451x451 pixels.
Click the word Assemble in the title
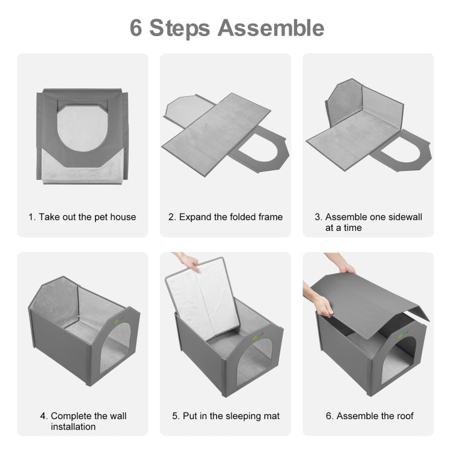[x=271, y=28]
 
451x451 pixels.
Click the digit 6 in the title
[x=136, y=28]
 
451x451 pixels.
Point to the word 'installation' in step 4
[x=73, y=426]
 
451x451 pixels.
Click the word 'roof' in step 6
[x=405, y=416]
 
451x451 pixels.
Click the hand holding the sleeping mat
[x=187, y=261]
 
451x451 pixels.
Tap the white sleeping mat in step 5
[x=203, y=299]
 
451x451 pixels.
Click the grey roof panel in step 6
[x=369, y=305]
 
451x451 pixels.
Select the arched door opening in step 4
[x=114, y=349]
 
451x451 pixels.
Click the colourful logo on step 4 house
[x=118, y=320]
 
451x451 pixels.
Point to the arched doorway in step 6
[x=399, y=361]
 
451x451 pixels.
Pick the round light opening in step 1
[x=82, y=129]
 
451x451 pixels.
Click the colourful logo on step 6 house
[x=403, y=334]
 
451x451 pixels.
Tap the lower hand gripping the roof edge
[x=320, y=301]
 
